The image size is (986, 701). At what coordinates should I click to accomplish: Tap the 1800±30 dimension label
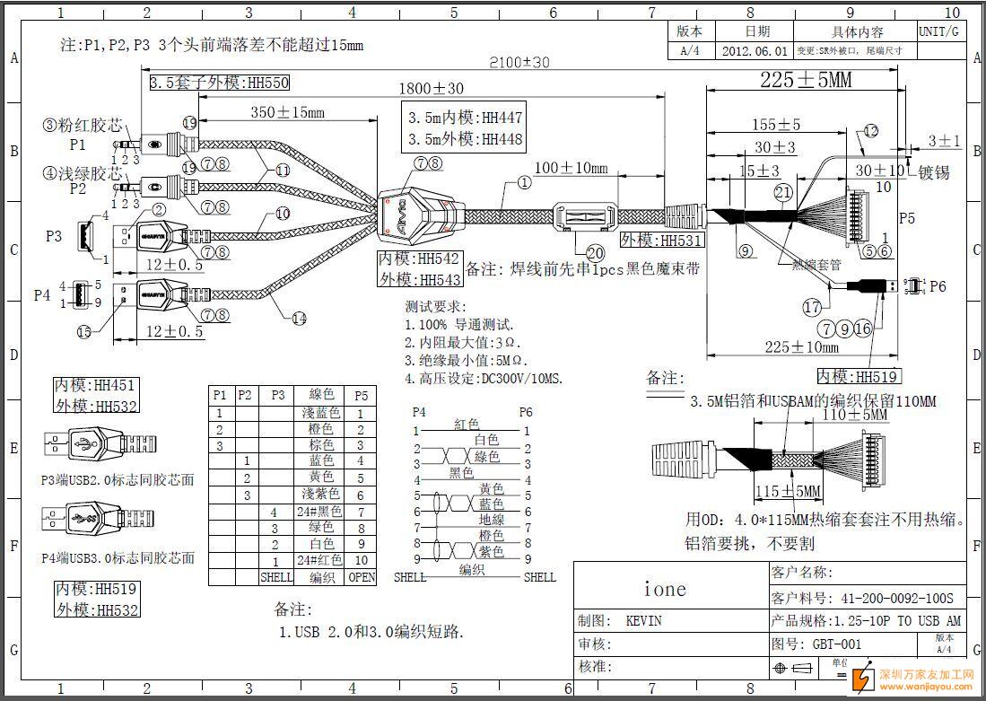pos(432,89)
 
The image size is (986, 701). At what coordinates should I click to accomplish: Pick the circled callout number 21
pos(783,192)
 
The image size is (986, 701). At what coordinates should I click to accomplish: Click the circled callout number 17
pos(812,308)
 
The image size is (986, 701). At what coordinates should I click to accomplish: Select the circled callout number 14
pos(299,318)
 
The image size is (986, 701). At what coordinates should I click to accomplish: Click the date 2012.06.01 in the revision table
pos(755,52)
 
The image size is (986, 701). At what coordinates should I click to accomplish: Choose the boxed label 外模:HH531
pos(662,241)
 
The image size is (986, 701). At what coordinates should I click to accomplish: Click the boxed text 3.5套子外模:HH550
pos(219,83)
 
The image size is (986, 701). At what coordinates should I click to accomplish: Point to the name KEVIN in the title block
pos(643,621)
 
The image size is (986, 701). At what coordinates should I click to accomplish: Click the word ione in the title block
pos(665,589)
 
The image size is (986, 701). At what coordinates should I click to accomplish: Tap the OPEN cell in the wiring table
pos(362,576)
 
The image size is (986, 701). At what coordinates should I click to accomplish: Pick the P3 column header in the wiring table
pos(277,395)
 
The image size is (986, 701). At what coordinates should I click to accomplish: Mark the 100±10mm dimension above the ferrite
pos(571,168)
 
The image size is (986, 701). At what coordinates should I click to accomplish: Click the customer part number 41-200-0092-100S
pos(896,598)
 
